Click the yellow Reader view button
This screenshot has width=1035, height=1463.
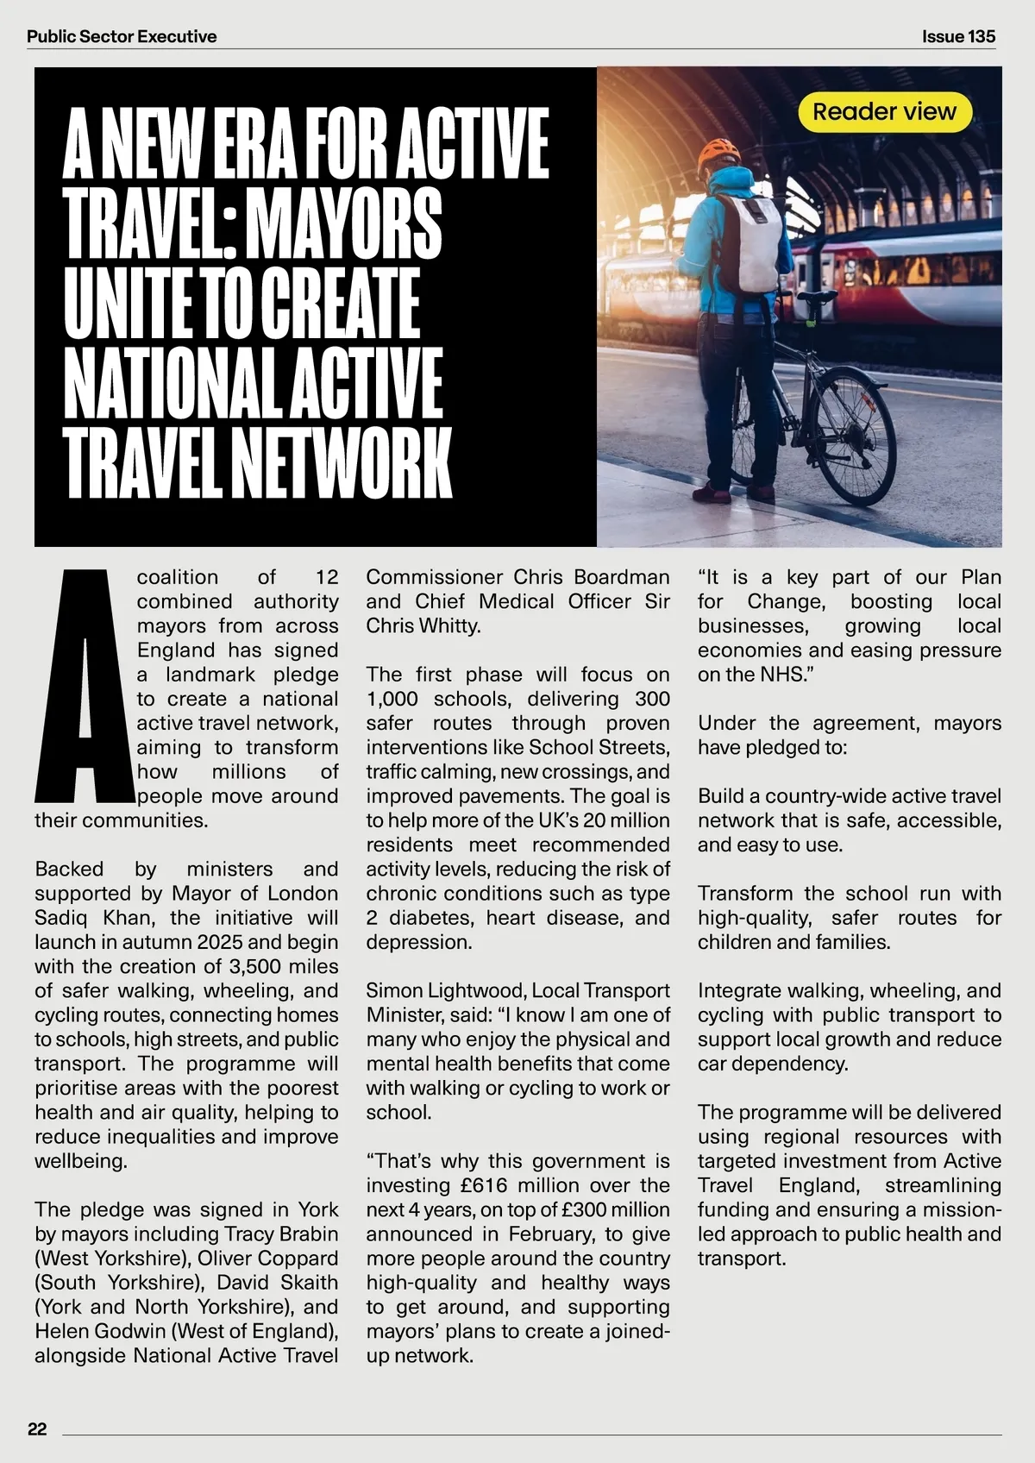(x=884, y=112)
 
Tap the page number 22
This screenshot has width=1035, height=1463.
(x=37, y=1429)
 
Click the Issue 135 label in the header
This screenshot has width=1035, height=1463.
(x=958, y=36)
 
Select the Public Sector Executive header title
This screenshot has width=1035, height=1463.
(x=122, y=36)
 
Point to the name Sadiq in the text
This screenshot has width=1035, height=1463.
(x=63, y=917)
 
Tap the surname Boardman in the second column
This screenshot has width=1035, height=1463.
(x=622, y=577)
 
